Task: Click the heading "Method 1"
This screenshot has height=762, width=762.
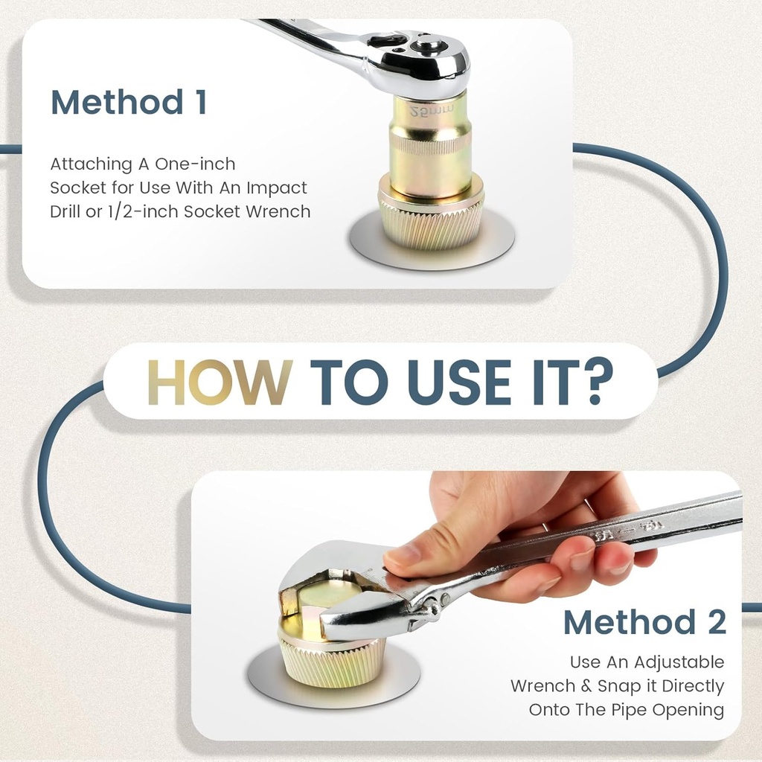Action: pyautogui.click(x=129, y=102)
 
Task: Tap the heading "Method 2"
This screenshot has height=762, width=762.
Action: pyautogui.click(x=645, y=622)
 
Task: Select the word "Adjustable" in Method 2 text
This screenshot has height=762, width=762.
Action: pyautogui.click(x=679, y=662)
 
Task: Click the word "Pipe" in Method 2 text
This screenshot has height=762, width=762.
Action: pyautogui.click(x=629, y=710)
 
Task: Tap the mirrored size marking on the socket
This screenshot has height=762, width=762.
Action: pyautogui.click(x=431, y=110)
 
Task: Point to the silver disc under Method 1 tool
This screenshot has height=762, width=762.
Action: pyautogui.click(x=431, y=240)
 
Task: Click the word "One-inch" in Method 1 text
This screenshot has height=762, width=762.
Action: pyautogui.click(x=195, y=164)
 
